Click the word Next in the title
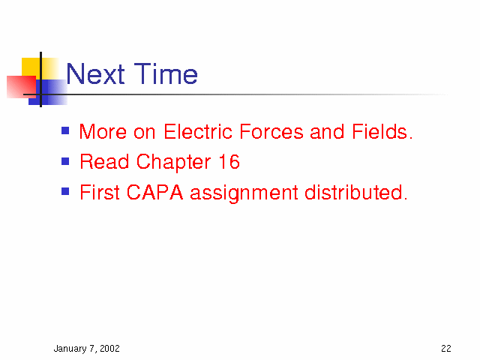pyautogui.click(x=95, y=73)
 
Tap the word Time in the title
pyautogui.click(x=166, y=73)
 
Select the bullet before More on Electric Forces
pyautogui.click(x=65, y=130)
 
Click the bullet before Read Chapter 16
pyautogui.click(x=65, y=161)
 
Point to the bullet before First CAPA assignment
pyautogui.click(x=65, y=191)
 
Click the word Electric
pyautogui.click(x=198, y=132)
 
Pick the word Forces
pyautogui.click(x=271, y=132)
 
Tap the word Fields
pyautogui.click(x=382, y=132)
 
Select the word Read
pyautogui.click(x=104, y=162)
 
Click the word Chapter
pyautogui.click(x=173, y=162)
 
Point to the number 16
pyautogui.click(x=229, y=162)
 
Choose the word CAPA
pyautogui.click(x=155, y=192)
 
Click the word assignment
pyautogui.click(x=244, y=193)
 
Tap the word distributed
pyautogui.click(x=356, y=192)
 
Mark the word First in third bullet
pyautogui.click(x=100, y=192)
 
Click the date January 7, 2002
pyautogui.click(x=87, y=349)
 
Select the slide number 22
pyautogui.click(x=446, y=348)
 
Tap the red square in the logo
pyautogui.click(x=22, y=87)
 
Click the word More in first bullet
pyautogui.click(x=103, y=132)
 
